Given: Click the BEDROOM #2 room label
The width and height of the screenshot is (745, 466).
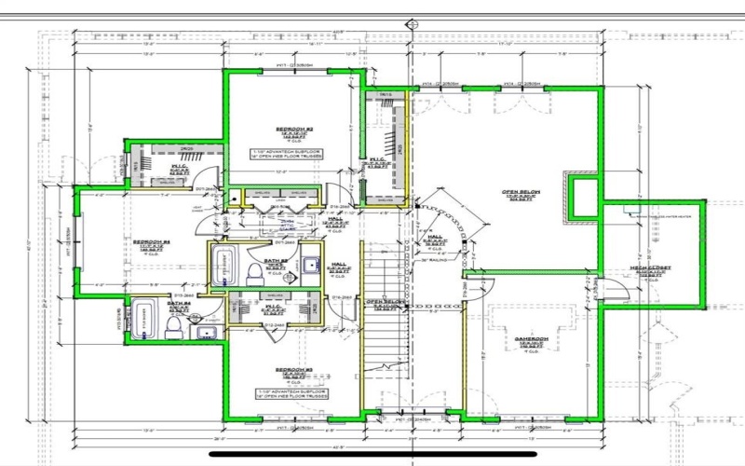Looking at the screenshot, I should click(293, 128).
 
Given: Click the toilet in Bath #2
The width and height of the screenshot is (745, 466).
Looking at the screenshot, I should click(254, 271).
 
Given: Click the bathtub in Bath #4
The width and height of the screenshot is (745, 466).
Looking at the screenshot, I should click(144, 320).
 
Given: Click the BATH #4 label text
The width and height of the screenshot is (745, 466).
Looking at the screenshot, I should click(180, 304).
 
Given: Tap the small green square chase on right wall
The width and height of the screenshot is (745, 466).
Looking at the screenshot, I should click(584, 198).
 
